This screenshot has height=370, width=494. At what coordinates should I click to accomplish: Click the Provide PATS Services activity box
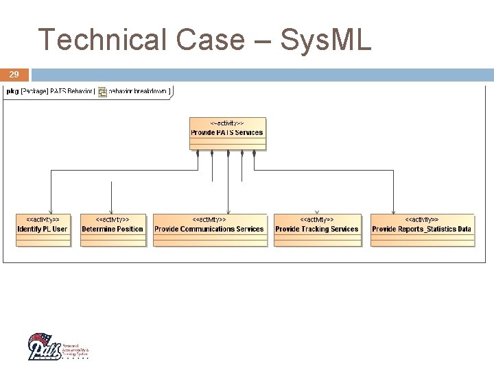click(227, 133)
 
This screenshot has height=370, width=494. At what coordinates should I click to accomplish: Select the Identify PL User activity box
click(43, 230)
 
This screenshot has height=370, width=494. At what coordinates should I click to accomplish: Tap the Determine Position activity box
click(113, 230)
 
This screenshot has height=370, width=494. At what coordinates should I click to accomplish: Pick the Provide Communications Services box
click(209, 230)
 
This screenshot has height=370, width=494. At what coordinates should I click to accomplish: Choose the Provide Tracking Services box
click(317, 230)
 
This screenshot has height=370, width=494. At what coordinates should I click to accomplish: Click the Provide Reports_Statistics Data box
click(421, 230)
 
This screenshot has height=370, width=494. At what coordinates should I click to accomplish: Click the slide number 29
click(14, 74)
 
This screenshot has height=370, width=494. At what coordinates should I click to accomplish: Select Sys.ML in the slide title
click(323, 40)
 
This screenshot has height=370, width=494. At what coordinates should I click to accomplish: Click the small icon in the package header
click(102, 92)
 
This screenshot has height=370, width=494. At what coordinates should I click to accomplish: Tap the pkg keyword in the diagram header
click(12, 91)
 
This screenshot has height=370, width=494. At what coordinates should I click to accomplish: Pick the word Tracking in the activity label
click(316, 229)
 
